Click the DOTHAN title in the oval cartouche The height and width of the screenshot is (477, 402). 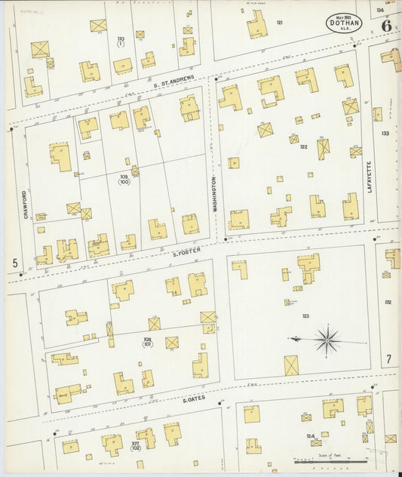tap(345, 23)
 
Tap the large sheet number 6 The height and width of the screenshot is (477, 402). tap(385, 25)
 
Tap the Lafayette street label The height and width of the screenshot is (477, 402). tap(370, 177)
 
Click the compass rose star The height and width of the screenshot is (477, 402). tap(327, 340)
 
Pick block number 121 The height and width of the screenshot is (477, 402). tap(279, 23)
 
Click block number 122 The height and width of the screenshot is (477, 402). tap(303, 146)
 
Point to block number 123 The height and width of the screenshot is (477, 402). tap(305, 315)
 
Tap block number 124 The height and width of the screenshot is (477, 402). tap(310, 436)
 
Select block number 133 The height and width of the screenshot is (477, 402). tap(385, 134)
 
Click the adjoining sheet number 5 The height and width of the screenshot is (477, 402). tap(15, 263)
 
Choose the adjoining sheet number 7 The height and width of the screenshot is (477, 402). tap(388, 358)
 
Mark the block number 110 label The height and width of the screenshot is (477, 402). tap(120, 39)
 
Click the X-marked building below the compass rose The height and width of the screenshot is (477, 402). tap(290, 366)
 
